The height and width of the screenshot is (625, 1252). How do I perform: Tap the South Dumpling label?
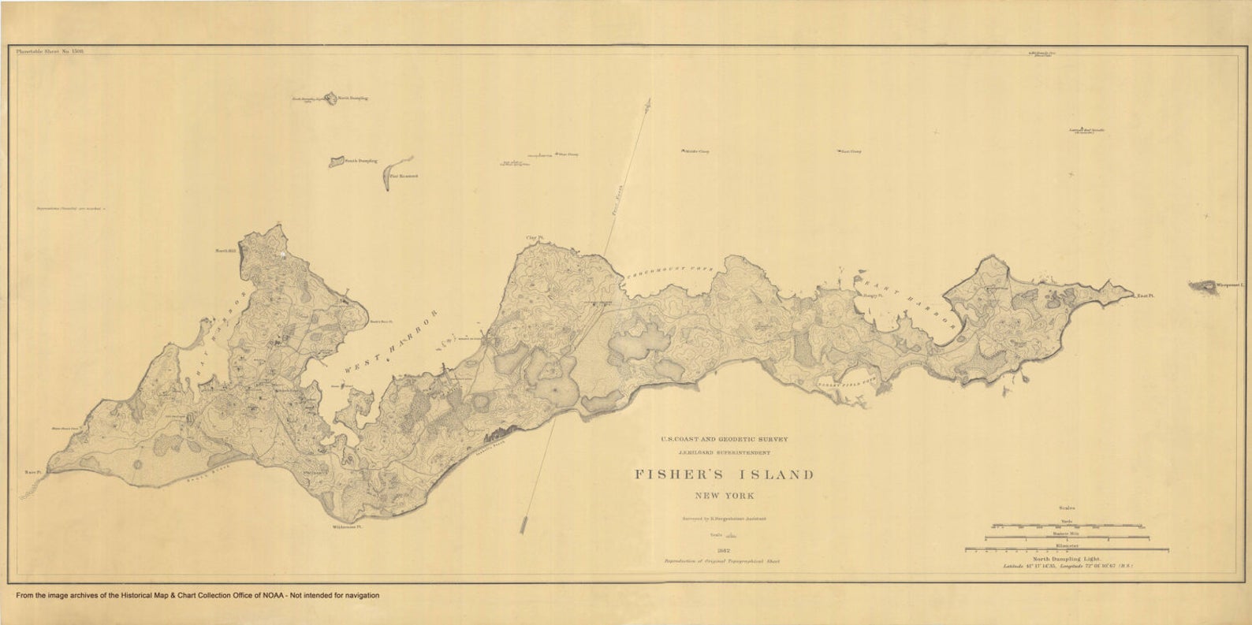pyautogui.click(x=360, y=161)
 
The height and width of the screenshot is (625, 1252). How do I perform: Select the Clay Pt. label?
pyautogui.click(x=536, y=237)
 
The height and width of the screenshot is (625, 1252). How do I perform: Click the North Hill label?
pyautogui.click(x=226, y=251)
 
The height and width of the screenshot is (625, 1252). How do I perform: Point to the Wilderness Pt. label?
pyautogui.click(x=347, y=526)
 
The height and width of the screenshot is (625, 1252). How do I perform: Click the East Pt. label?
pyautogui.click(x=1145, y=296)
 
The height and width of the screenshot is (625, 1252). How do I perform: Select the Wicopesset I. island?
pyautogui.click(x=1203, y=285)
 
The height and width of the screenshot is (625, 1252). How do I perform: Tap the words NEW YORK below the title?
pyautogui.click(x=724, y=496)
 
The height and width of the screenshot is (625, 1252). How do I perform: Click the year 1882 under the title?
pyautogui.click(x=723, y=551)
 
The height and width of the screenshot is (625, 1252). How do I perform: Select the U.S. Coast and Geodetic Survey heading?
pyautogui.click(x=724, y=439)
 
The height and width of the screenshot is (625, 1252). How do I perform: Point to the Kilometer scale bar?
pyautogui.click(x=1066, y=551)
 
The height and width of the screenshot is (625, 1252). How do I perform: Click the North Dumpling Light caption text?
pyautogui.click(x=1066, y=559)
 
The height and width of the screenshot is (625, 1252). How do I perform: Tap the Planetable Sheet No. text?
pyautogui.click(x=50, y=50)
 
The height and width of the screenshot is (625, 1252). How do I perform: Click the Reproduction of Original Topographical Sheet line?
pyautogui.click(x=722, y=561)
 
